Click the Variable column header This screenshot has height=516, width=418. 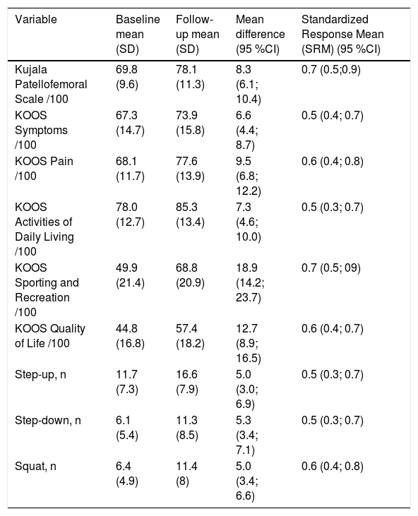36,20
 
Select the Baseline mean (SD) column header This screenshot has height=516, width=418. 138,34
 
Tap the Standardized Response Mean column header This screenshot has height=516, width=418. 342,34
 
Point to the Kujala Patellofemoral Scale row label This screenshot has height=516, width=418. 51,84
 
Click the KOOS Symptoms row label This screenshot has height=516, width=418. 41,130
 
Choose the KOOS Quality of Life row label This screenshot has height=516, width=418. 50,336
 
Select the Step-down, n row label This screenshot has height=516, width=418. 48,421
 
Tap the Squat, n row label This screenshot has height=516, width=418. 35,467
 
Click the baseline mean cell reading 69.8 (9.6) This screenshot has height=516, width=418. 127,77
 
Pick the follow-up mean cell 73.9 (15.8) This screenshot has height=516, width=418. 190,123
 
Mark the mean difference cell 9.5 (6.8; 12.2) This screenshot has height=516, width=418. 249,176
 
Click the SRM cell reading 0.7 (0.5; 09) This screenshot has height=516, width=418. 331,268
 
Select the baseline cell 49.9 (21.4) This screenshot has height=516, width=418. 131,275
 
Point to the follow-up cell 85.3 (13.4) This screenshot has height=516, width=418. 190,215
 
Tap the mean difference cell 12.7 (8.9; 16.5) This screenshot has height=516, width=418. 249,343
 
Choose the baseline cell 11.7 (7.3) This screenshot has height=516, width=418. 127,382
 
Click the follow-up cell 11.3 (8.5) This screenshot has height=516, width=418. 187,428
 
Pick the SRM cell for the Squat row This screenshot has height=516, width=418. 333,467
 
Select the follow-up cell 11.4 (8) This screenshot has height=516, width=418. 187,474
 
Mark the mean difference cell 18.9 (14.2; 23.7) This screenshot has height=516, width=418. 250,282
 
